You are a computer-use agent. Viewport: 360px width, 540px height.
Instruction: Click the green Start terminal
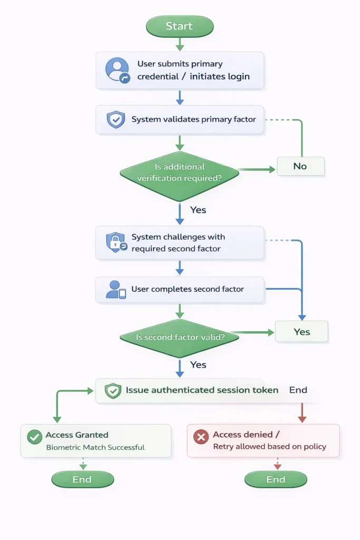click(179, 26)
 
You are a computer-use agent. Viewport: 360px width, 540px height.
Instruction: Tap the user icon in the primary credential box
click(116, 70)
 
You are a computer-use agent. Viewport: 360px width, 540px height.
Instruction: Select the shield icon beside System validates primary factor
click(115, 120)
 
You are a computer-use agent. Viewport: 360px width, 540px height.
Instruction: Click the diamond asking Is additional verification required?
click(179, 173)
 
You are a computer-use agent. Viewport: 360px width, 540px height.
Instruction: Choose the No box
click(300, 166)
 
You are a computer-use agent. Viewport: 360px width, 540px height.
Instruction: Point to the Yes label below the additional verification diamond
click(198, 210)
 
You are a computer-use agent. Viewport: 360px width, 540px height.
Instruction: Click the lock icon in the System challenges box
click(116, 243)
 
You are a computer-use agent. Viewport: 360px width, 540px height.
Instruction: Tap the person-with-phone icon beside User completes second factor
click(116, 290)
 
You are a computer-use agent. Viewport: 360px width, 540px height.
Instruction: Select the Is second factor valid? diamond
click(179, 337)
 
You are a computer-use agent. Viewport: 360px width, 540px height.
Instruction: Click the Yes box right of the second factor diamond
click(301, 332)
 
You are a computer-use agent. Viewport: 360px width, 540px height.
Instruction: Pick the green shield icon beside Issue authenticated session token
click(113, 391)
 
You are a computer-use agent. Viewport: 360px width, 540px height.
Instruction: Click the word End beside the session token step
click(298, 390)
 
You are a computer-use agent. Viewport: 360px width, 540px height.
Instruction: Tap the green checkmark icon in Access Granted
click(34, 437)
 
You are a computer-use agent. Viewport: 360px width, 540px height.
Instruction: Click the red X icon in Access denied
click(200, 437)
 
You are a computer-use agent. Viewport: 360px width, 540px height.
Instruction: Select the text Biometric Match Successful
click(95, 447)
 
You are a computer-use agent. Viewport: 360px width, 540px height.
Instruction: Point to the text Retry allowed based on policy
click(269, 447)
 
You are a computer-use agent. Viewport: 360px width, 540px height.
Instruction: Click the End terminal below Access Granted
click(82, 479)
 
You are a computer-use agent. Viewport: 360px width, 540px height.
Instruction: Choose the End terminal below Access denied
click(276, 479)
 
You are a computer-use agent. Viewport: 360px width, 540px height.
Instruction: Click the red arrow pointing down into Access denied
click(302, 414)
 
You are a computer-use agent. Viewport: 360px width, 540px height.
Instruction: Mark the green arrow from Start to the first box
click(179, 44)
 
